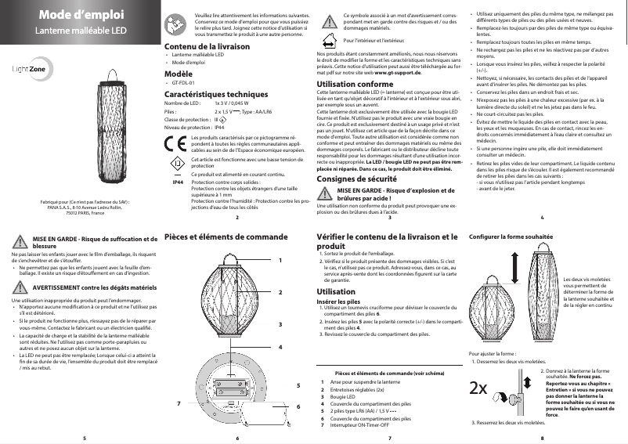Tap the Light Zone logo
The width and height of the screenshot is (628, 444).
click(x=31, y=70)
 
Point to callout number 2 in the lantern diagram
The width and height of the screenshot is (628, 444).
click(x=280, y=291)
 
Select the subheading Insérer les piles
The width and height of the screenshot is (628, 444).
click(x=338, y=301)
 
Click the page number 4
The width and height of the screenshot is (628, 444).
click(x=542, y=217)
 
